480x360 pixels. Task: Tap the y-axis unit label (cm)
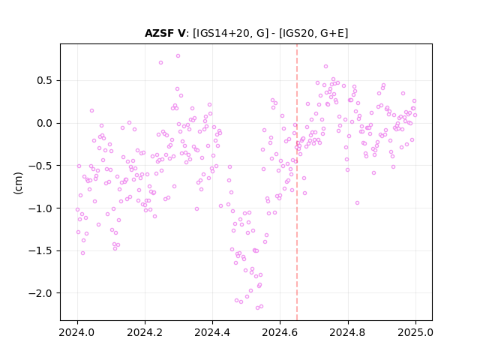click(x=18, y=183)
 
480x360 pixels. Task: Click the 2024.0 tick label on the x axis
click(x=77, y=332)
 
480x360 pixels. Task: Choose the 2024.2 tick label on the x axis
click(x=145, y=332)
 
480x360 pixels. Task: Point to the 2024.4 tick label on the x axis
click(x=212, y=332)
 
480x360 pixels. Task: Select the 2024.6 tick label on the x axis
click(x=280, y=332)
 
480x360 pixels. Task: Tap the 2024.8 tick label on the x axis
click(x=348, y=332)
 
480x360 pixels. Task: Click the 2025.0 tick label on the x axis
click(x=415, y=332)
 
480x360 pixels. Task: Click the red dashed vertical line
click(x=297, y=182)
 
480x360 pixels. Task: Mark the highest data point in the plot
click(x=178, y=55)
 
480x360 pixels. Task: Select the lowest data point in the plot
click(x=257, y=307)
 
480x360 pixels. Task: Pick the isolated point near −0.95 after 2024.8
click(x=357, y=202)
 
